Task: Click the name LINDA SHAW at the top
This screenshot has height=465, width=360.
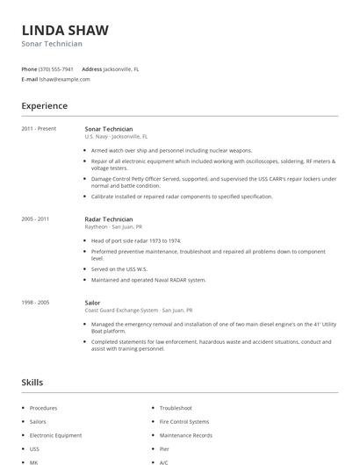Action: (65, 30)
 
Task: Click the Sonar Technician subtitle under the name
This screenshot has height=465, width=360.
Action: (52, 44)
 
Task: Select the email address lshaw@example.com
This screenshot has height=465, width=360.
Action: (65, 79)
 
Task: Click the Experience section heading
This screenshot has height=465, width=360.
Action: (45, 106)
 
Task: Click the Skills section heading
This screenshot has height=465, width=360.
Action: (32, 383)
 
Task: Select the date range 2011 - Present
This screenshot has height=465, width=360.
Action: (39, 129)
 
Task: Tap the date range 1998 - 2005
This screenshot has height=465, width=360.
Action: (36, 302)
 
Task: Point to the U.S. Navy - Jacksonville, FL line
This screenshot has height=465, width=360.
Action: (116, 137)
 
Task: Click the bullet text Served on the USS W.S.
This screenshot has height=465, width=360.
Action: (119, 269)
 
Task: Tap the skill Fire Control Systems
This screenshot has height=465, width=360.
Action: (184, 422)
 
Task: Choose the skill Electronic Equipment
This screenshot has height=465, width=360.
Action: (55, 435)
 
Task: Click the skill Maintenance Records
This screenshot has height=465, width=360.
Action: (185, 435)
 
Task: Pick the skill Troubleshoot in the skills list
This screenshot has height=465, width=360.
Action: (176, 409)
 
